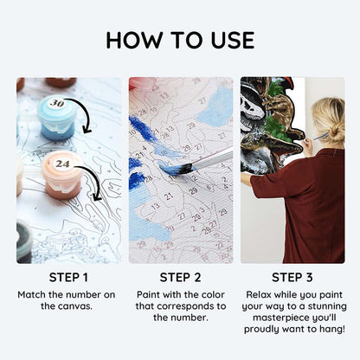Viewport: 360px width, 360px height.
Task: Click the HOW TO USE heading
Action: point(180,40)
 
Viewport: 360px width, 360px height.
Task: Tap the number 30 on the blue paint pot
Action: point(57,103)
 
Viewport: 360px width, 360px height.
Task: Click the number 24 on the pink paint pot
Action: point(62,164)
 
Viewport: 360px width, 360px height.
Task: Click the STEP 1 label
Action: point(68,278)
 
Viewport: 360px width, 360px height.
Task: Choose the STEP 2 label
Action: point(180,278)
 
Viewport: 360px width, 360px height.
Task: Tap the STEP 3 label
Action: point(292,278)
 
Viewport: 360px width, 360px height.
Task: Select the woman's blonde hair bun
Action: point(337,132)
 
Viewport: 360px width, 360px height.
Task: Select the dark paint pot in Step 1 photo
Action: point(24,241)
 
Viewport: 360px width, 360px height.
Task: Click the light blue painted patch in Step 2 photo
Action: point(215,107)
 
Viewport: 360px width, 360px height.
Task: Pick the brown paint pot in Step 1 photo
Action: point(61,82)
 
